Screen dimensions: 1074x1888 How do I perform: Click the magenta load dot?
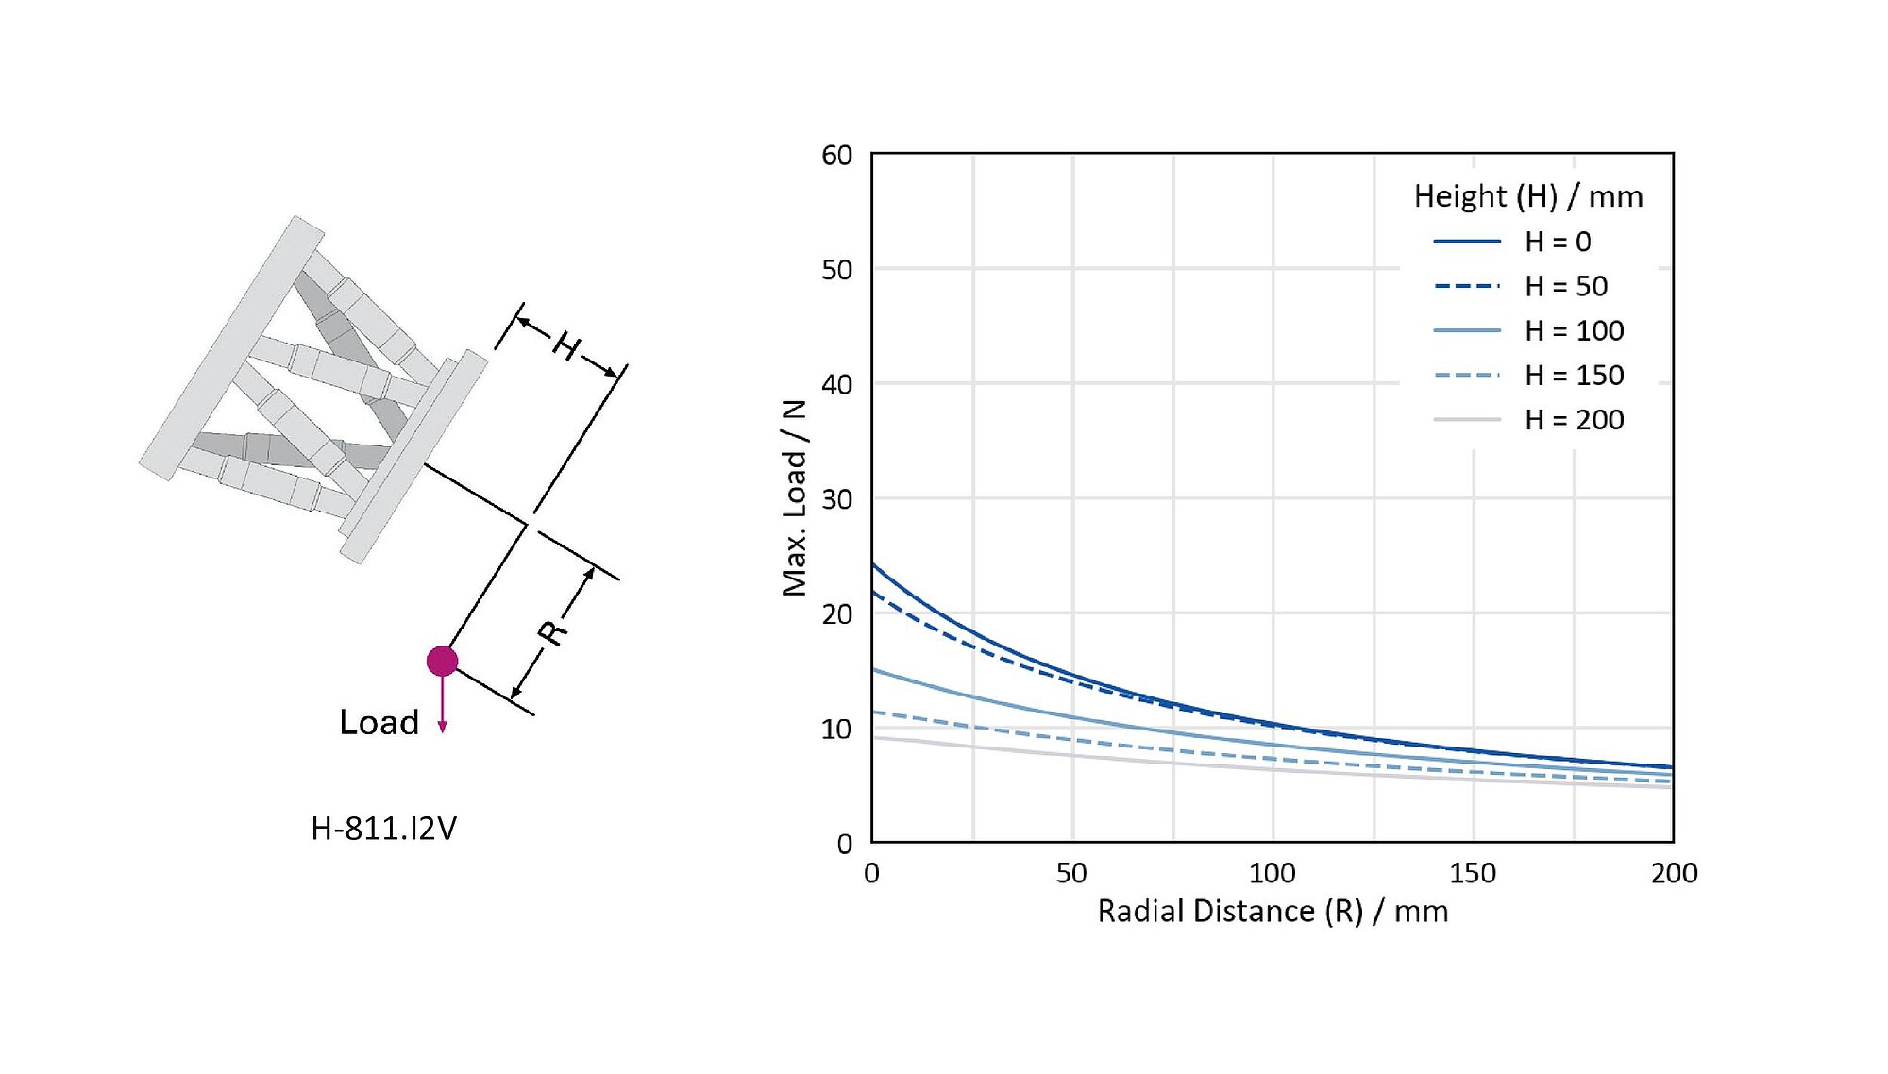coord(442,661)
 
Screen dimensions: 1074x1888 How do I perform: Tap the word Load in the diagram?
coord(379,722)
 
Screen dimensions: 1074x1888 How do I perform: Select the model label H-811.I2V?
coord(383,829)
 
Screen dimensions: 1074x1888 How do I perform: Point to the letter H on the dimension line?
coord(567,346)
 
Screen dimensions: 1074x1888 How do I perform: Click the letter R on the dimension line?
coord(553,632)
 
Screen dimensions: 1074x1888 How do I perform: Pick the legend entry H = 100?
coord(1574,330)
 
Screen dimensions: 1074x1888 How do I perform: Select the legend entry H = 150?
coord(1574,375)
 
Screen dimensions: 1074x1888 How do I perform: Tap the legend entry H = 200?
coord(1574,419)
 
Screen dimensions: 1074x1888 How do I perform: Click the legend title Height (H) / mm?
coord(1527,196)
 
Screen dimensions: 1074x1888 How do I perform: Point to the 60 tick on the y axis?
coord(836,155)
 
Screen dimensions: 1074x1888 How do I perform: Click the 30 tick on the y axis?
coord(836,499)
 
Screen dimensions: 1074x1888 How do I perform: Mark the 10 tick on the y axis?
coord(836,730)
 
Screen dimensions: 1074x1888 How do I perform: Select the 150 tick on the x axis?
coord(1473,873)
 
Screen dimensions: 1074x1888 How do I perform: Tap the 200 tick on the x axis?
coord(1674,873)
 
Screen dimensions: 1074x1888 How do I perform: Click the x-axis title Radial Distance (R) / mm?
coord(1272,912)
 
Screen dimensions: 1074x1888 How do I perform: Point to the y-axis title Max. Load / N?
coord(795,497)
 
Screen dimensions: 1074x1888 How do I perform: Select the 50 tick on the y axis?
coord(836,270)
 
